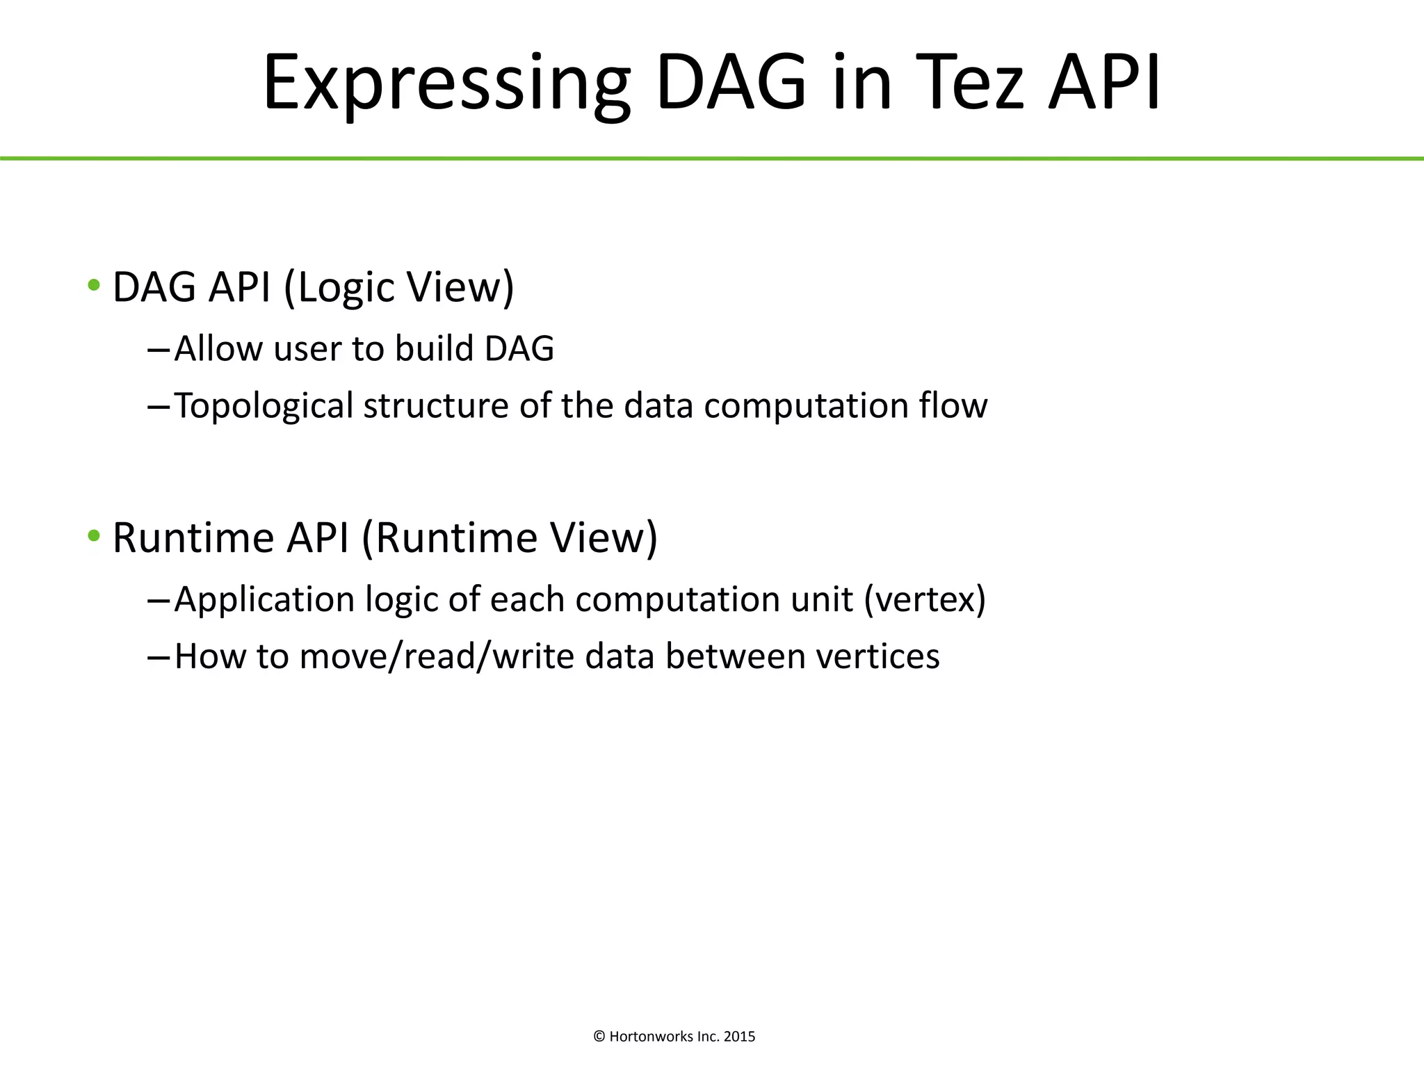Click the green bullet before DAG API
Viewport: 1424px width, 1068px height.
point(94,285)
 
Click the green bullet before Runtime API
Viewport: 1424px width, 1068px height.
point(94,536)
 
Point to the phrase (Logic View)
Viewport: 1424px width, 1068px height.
point(399,287)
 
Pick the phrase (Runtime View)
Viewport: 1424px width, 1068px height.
point(509,537)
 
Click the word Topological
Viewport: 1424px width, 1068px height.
point(264,406)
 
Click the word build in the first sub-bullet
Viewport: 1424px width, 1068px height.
point(434,348)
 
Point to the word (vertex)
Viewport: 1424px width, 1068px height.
point(925,599)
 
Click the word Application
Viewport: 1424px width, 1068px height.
point(264,600)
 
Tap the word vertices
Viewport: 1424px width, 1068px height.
point(877,656)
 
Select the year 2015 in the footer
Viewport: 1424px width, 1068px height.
point(739,1037)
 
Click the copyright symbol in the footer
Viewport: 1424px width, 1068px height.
point(599,1037)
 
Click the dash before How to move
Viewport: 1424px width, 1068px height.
point(159,657)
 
